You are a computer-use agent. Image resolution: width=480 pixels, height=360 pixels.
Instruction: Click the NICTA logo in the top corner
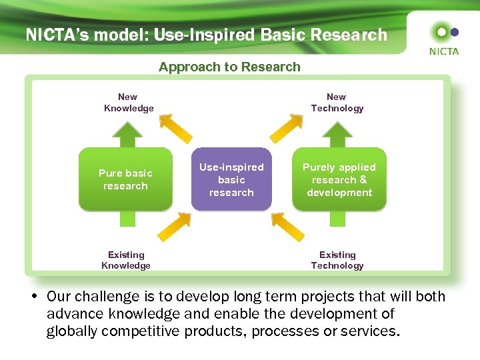[x=443, y=38]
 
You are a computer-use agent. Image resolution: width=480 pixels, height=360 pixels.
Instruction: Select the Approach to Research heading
[x=229, y=67]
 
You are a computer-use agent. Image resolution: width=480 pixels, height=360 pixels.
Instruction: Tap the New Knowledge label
[x=128, y=103]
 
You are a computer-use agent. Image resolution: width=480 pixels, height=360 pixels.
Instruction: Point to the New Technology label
[x=337, y=103]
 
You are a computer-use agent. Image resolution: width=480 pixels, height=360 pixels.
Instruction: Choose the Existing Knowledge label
[x=126, y=260]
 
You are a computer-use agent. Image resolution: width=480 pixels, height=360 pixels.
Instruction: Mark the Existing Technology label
[x=337, y=260]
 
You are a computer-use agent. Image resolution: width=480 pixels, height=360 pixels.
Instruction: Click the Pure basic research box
[x=125, y=179]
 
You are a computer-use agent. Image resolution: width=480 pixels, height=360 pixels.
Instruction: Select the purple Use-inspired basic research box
[x=231, y=180]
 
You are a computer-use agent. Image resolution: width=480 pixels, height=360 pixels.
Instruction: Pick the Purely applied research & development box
[x=339, y=180]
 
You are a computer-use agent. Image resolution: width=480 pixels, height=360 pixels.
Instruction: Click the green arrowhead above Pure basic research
[x=125, y=133]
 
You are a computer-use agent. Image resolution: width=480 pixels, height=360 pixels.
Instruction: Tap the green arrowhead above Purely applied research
[x=339, y=133]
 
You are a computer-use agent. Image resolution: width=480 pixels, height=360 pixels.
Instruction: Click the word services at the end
[x=369, y=331]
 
